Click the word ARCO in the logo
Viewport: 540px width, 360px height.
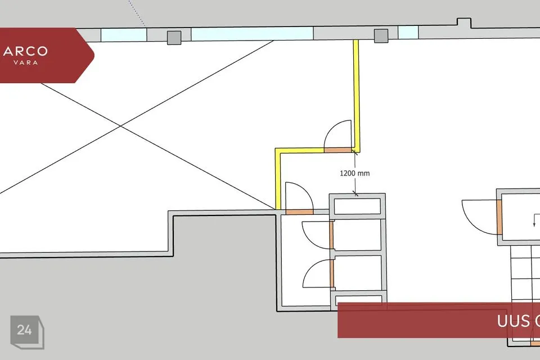coord(25,52)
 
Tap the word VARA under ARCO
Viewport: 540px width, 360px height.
coord(25,62)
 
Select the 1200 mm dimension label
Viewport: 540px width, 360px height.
coord(354,173)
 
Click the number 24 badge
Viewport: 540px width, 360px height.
coord(24,330)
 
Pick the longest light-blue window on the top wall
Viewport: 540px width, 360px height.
coord(251,34)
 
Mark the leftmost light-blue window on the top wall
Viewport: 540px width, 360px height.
coord(124,34)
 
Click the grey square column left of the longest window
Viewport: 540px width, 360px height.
coord(174,38)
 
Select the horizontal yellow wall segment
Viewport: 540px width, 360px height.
coord(301,150)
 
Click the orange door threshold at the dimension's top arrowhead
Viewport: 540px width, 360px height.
coord(339,150)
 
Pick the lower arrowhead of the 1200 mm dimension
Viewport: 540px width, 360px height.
coord(355,193)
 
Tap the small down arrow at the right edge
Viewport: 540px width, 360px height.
coord(534,222)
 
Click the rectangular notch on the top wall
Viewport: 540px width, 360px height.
coord(463,24)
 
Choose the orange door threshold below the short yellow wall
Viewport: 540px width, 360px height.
coord(299,212)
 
